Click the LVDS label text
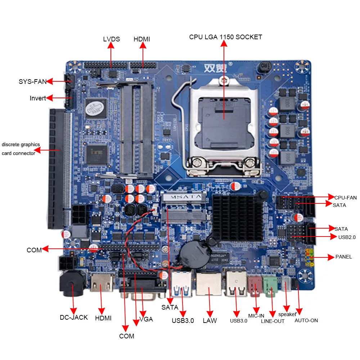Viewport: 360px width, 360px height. tap(111, 39)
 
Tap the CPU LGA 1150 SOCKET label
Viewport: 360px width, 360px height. tap(226, 37)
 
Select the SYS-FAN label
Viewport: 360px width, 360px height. tap(33, 82)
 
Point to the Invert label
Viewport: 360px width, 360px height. tap(38, 98)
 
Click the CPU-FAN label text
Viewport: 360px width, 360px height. tap(345, 197)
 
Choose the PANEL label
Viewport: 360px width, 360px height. tap(343, 257)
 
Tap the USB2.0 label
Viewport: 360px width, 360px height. tap(347, 237)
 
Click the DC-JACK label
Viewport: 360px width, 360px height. tap(74, 317)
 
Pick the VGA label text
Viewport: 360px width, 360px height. tap(146, 320)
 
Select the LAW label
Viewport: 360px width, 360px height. tap(210, 320)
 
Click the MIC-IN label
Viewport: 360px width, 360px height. tap(256, 316)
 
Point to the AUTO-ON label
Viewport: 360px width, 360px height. tap(306, 320)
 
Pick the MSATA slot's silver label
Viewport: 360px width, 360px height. tap(183, 197)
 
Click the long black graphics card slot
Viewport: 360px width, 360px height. tap(57, 169)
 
